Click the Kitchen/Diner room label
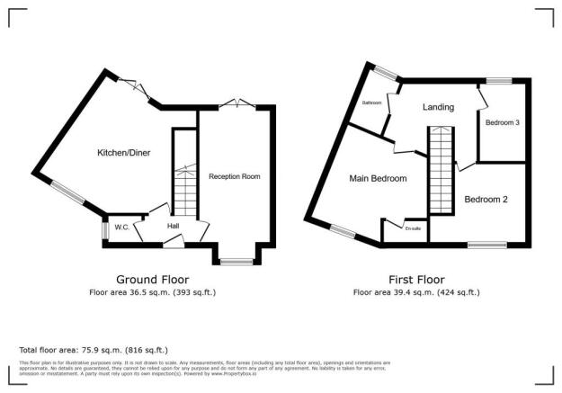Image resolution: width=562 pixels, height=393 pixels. (x=123, y=153)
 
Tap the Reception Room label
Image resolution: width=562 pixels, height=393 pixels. (x=234, y=176)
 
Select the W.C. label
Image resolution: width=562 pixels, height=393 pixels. (x=122, y=226)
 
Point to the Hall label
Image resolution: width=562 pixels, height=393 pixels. (x=173, y=226)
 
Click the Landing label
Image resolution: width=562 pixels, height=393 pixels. (x=439, y=108)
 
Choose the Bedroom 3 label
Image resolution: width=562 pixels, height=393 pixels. (x=503, y=123)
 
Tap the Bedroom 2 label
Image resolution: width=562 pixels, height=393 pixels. (x=486, y=200)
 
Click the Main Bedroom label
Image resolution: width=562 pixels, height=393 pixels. (x=378, y=178)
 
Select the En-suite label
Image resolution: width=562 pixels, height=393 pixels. (x=414, y=229)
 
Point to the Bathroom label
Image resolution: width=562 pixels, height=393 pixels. (x=372, y=103)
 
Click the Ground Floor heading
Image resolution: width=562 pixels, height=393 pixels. (x=152, y=279)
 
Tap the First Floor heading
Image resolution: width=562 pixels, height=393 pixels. (x=416, y=279)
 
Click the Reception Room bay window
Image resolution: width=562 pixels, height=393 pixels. (x=235, y=262)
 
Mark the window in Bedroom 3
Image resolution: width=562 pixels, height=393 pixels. (x=500, y=81)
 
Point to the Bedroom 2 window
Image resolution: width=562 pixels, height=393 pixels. (x=486, y=244)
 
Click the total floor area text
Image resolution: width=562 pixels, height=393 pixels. (x=94, y=349)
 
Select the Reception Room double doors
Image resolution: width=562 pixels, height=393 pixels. (x=236, y=104)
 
